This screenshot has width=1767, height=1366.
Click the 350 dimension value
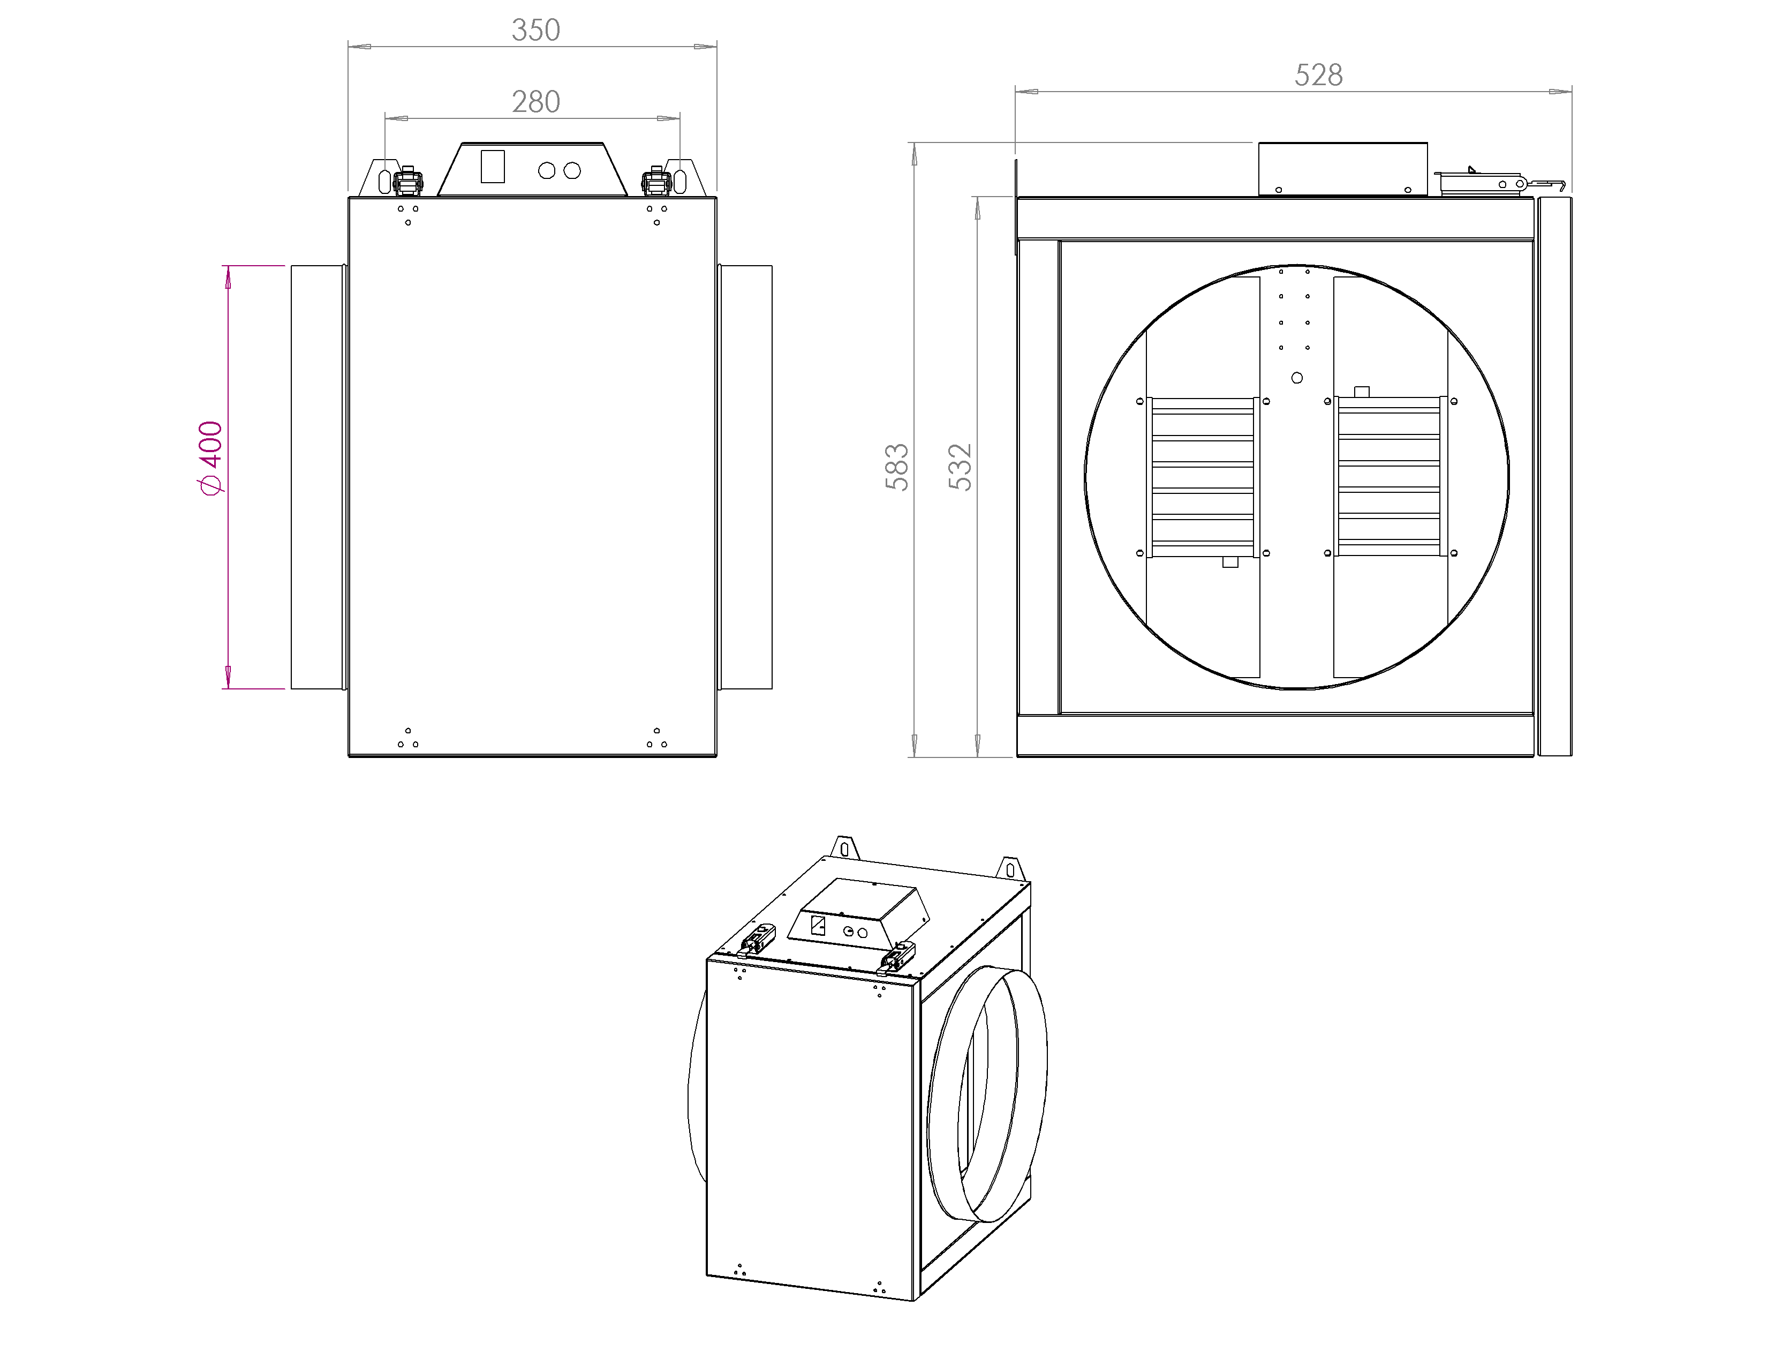pos(535,30)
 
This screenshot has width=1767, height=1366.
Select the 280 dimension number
pos(535,102)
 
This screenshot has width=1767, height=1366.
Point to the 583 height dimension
pos(896,467)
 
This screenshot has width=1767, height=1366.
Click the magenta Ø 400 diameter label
pos(210,458)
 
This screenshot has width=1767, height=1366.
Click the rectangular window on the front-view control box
pos(493,166)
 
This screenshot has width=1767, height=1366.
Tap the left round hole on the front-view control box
pos(547,171)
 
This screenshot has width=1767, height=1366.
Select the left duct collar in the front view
pos(319,477)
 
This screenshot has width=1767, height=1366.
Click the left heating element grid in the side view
pos(1202,477)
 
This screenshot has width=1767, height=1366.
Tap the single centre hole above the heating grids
pos(1297,378)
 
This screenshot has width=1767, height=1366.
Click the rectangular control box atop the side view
pos(1342,169)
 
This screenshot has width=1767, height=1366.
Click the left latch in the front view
pos(408,181)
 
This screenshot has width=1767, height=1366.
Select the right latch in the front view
pos(656,181)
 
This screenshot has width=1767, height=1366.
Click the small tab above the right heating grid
pos(1362,392)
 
